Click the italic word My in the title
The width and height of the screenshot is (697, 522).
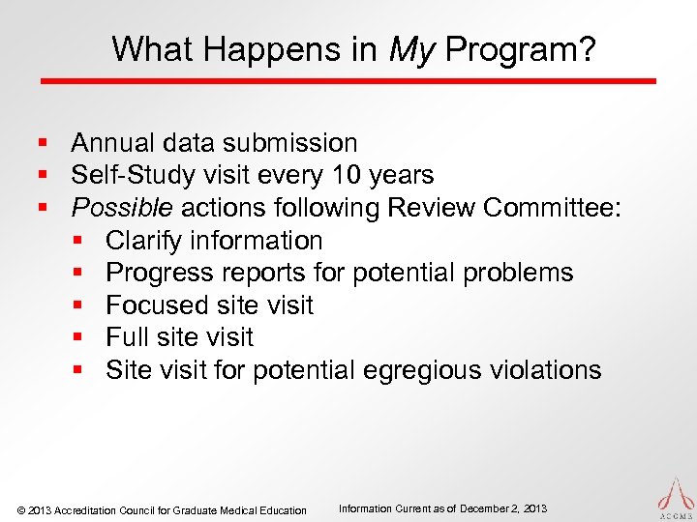click(x=409, y=48)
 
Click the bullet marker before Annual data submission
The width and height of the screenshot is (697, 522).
click(x=44, y=144)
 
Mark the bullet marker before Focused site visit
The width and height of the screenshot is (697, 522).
click(x=78, y=306)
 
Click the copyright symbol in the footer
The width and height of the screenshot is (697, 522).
click(x=21, y=509)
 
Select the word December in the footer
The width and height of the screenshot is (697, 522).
click(x=487, y=508)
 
